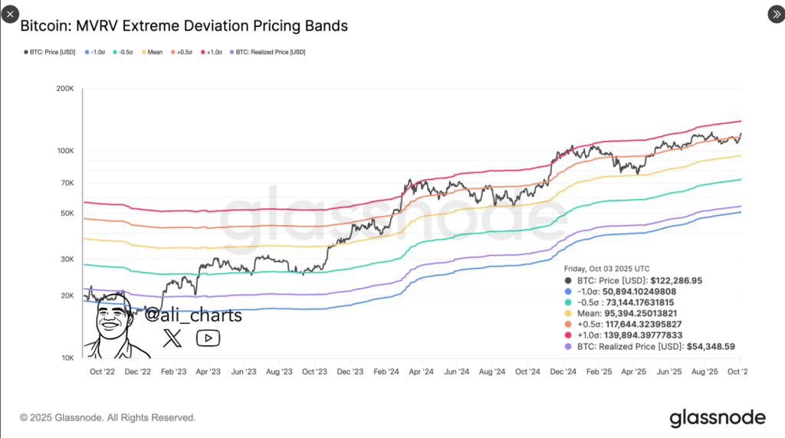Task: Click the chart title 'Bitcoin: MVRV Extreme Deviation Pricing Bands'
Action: pos(184,26)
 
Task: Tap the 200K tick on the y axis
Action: pos(65,89)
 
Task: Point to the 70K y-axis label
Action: pos(65,183)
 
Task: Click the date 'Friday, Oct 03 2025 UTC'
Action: pos(606,269)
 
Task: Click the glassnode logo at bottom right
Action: pos(718,417)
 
